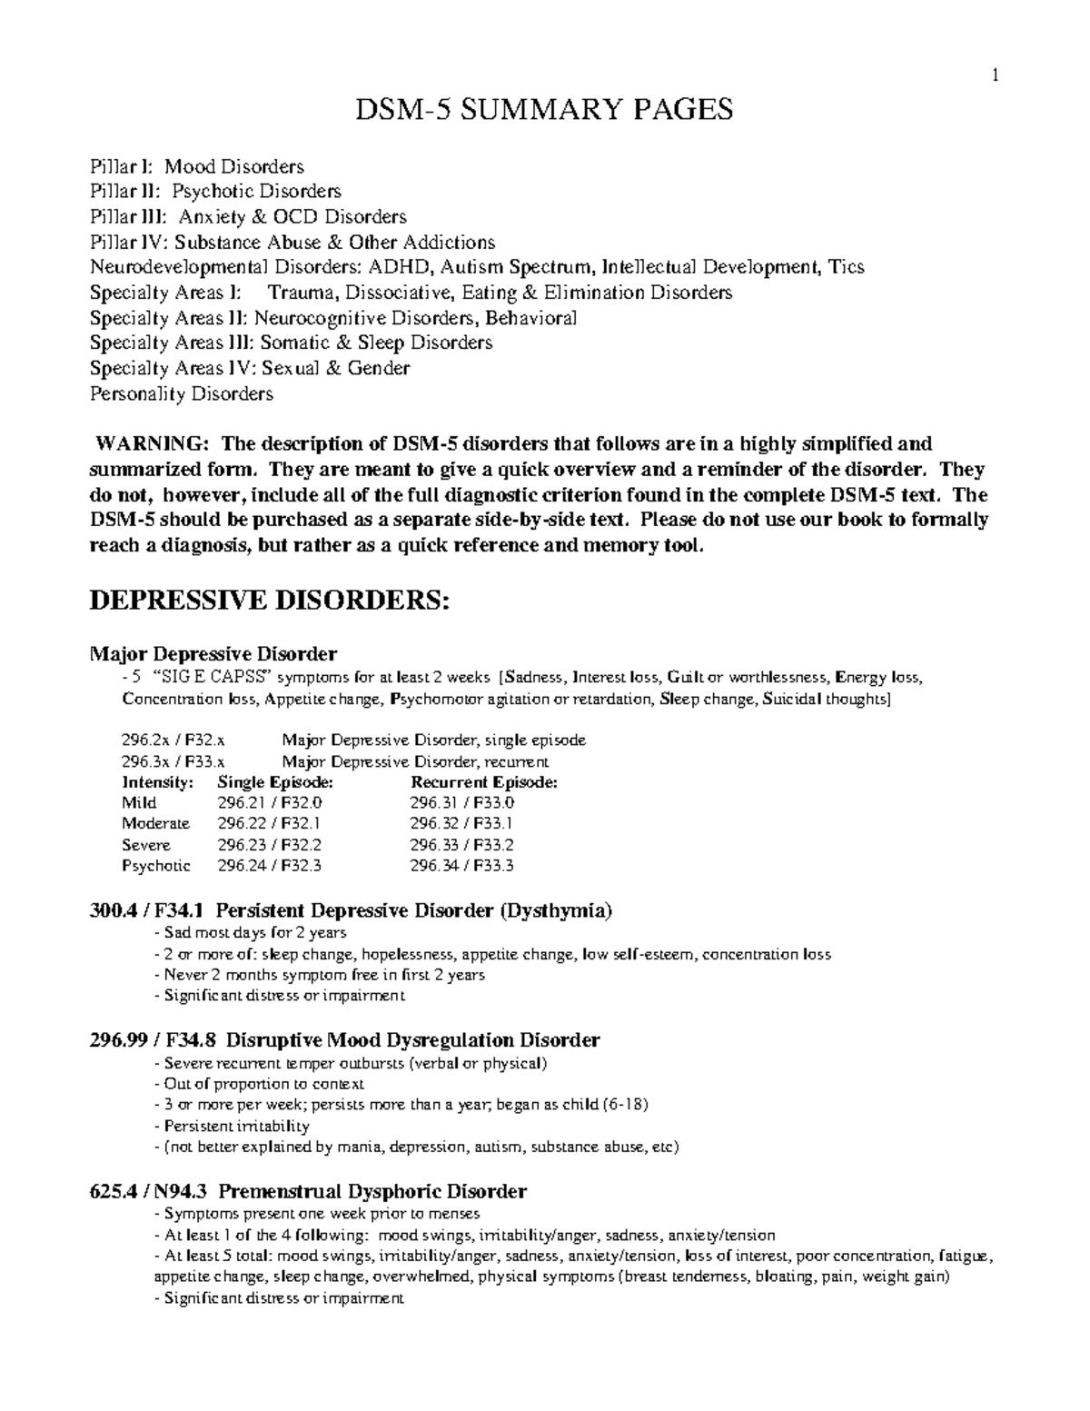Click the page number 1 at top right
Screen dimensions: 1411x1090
point(996,76)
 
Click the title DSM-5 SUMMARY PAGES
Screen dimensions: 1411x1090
point(543,110)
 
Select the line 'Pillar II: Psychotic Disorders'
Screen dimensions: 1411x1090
point(215,192)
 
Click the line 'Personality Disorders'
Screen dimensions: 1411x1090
point(181,394)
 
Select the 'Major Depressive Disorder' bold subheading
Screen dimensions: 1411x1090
point(213,654)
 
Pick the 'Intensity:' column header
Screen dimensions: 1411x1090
point(157,782)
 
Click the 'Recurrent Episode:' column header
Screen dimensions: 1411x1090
point(484,782)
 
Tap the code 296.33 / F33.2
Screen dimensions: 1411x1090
point(461,845)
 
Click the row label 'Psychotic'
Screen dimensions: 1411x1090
point(156,866)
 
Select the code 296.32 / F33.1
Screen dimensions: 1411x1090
point(461,824)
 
